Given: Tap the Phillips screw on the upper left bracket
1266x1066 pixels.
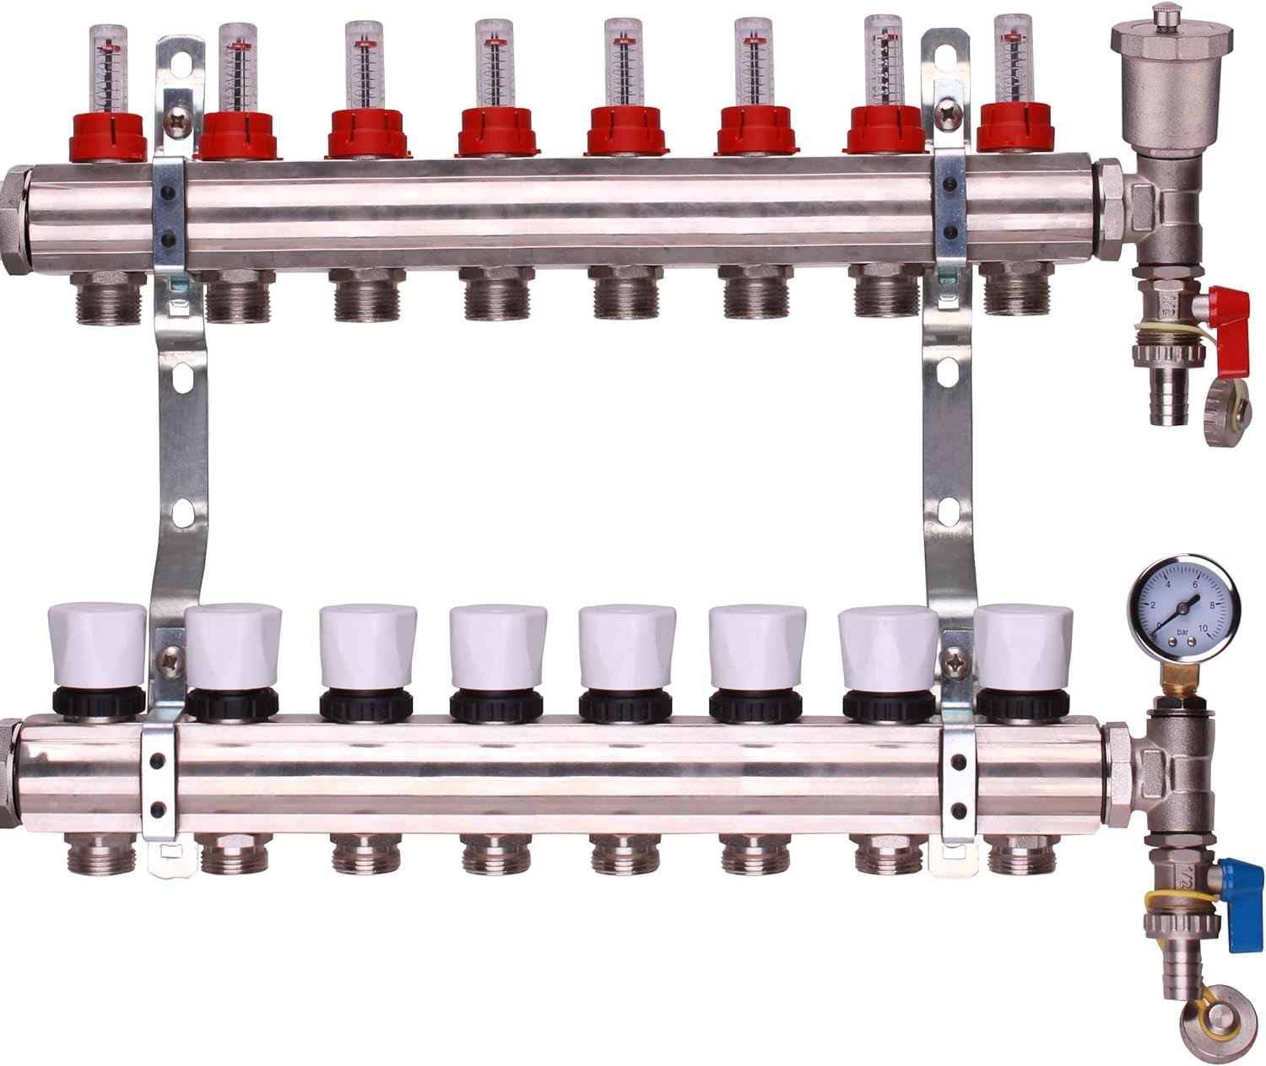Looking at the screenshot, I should click(177, 124).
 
